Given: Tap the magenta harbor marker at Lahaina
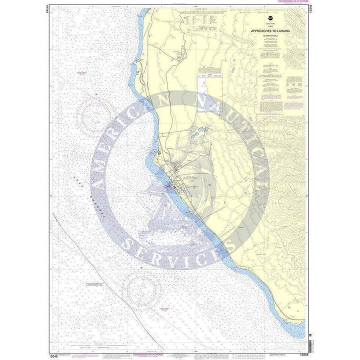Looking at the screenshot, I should click(169, 187).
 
